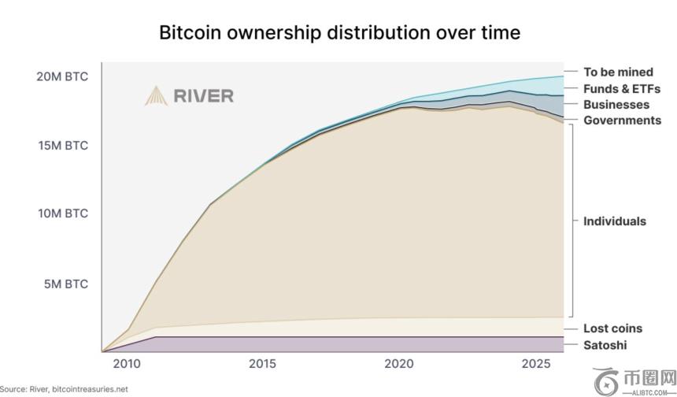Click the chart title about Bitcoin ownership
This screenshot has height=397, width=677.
tap(339, 32)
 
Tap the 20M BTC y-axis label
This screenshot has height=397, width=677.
tap(62, 76)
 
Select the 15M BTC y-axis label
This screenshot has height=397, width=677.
tap(62, 146)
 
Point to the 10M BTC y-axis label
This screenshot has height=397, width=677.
tap(62, 213)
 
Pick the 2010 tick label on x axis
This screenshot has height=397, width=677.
tap(126, 364)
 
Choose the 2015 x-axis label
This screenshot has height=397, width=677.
tap(261, 364)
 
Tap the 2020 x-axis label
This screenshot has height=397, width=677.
tap(398, 364)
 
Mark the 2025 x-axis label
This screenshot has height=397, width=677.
tap(535, 364)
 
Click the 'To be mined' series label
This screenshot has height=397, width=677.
tap(618, 72)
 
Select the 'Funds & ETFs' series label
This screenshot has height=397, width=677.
tap(621, 89)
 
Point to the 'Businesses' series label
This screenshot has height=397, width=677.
tap(616, 105)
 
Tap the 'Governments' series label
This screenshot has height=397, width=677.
tap(622, 121)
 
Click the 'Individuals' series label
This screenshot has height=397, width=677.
tap(614, 221)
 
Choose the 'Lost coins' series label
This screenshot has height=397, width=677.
tap(612, 328)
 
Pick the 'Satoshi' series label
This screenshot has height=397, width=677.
tap(605, 345)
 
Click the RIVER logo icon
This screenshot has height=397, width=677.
tap(155, 96)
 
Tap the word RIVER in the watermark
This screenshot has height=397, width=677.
tap(203, 96)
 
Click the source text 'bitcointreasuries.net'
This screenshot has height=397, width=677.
tap(89, 389)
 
